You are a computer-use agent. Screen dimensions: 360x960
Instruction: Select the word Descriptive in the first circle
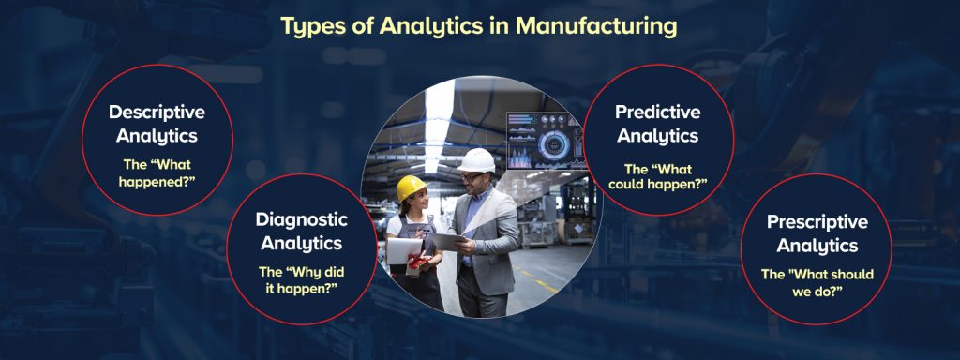tap(157, 112)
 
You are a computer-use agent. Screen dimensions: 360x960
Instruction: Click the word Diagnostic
tap(302, 219)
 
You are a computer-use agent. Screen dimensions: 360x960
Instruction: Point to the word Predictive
tap(657, 112)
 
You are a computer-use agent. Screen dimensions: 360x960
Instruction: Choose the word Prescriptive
tap(817, 222)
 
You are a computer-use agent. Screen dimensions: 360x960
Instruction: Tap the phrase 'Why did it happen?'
tap(302, 279)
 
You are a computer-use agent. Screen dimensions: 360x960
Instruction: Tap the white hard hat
tap(477, 160)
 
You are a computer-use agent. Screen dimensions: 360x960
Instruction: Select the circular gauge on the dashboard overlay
tap(553, 145)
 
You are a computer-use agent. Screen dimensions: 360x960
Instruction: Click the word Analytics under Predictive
tap(657, 135)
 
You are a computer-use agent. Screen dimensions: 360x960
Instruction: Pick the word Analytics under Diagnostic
tap(302, 243)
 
